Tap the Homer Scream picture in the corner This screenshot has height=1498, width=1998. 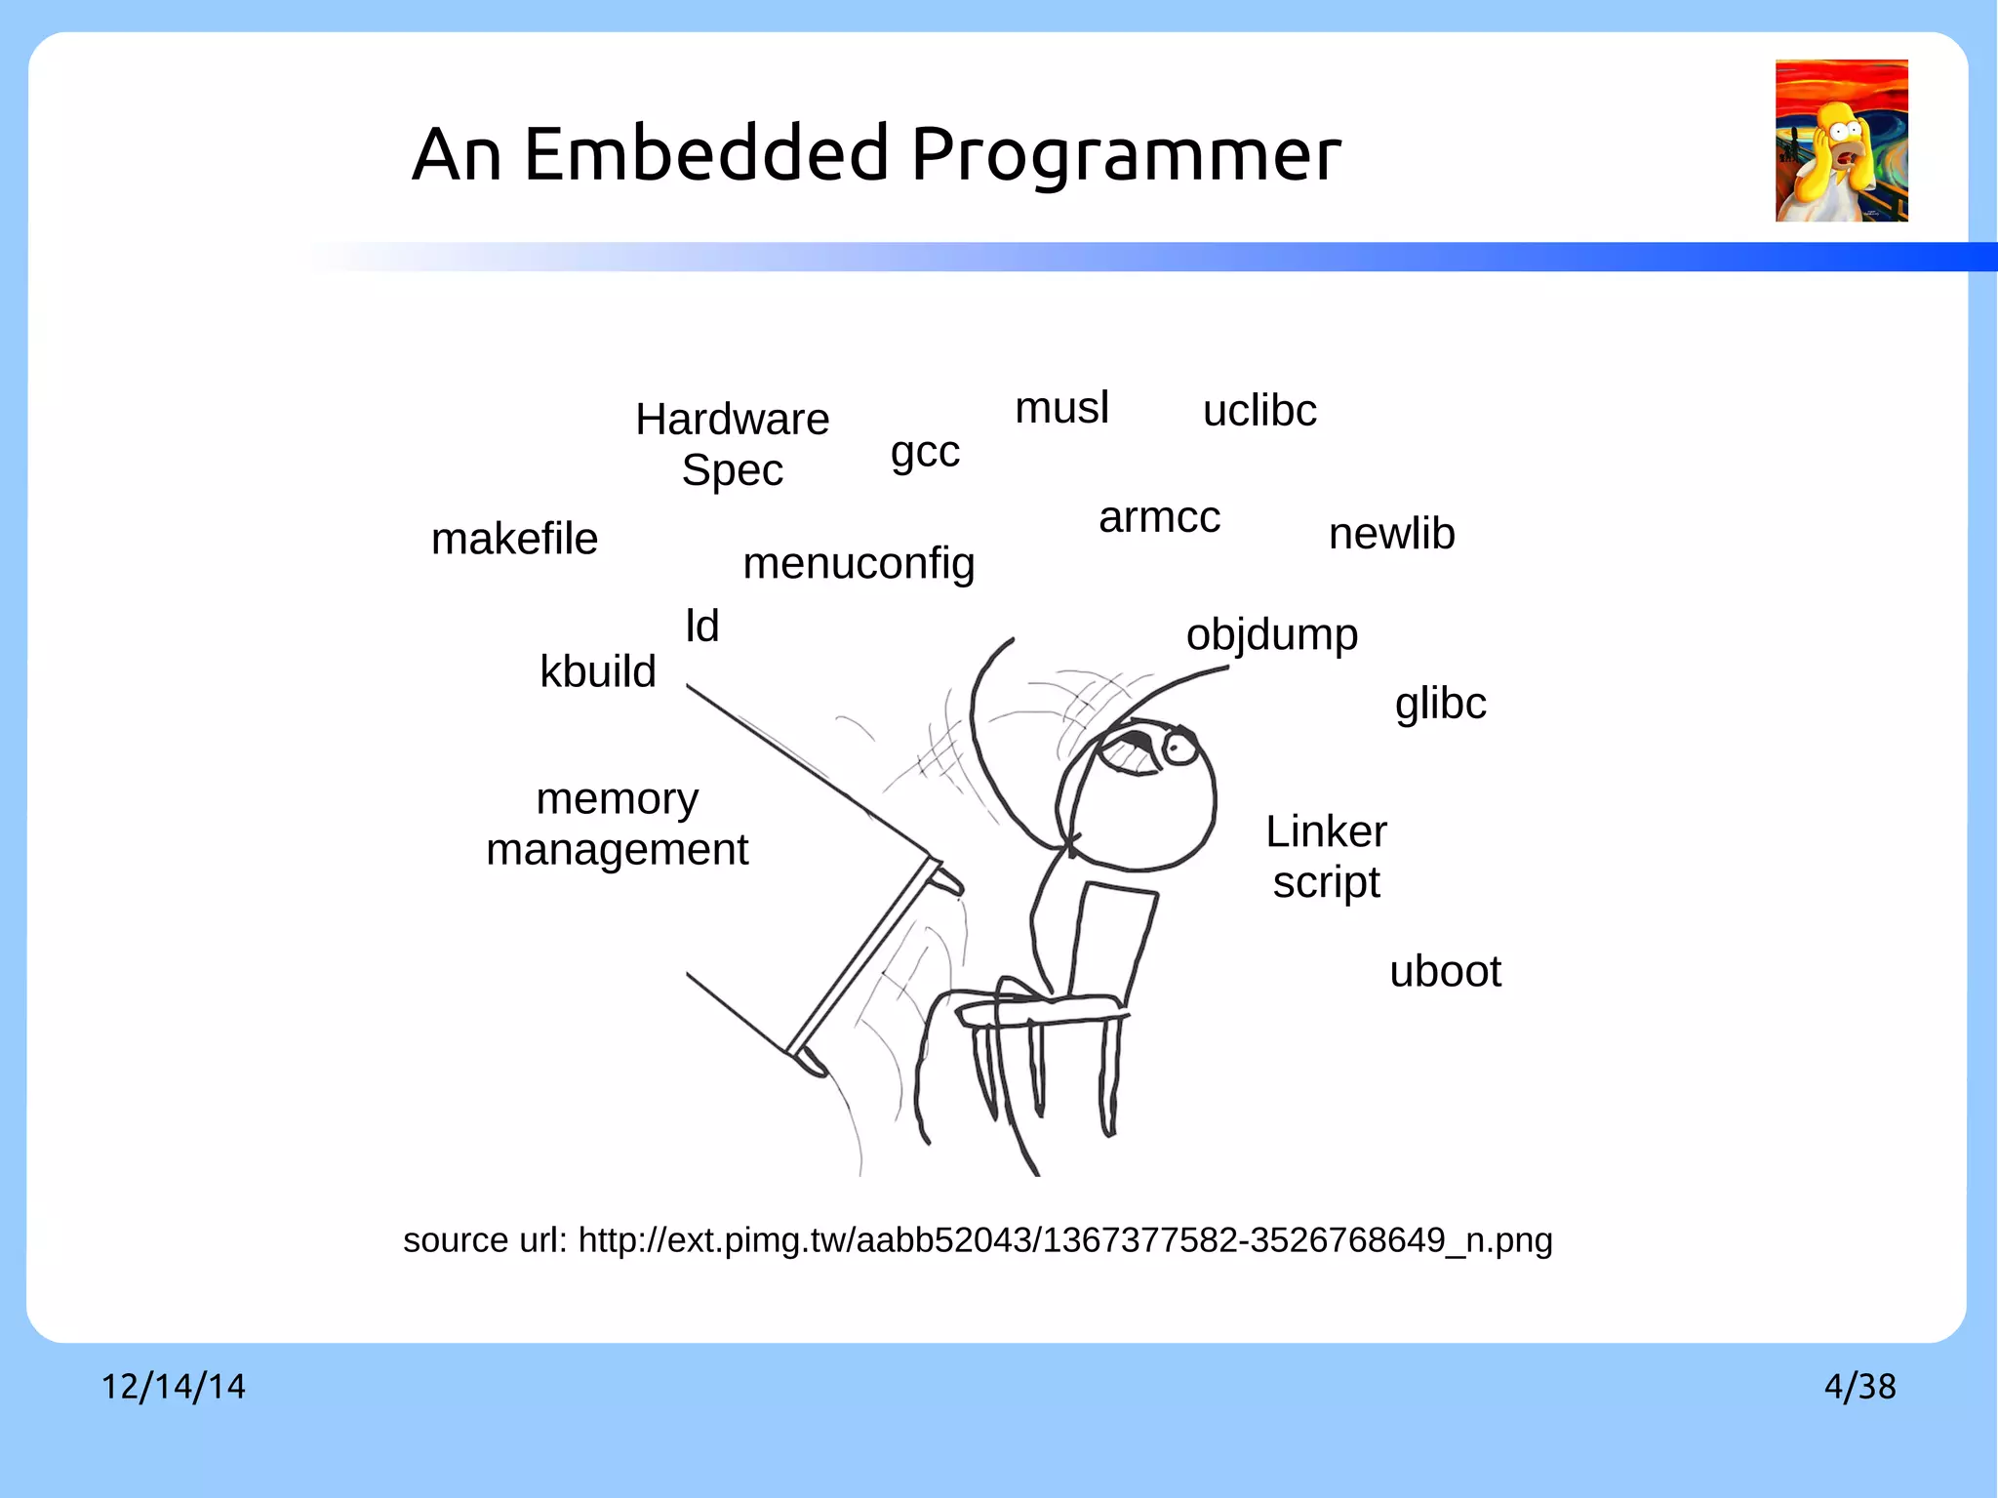point(1841,141)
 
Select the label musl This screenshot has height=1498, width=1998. point(1061,408)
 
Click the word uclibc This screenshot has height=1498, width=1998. point(1259,411)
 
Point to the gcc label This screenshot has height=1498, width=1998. point(925,453)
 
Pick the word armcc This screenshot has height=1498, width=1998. point(1159,517)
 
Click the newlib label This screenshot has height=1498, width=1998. point(1391,534)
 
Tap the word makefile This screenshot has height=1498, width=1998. point(514,539)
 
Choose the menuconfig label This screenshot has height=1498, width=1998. point(859,564)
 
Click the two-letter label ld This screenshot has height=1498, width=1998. point(701,626)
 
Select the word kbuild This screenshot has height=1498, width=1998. point(598,671)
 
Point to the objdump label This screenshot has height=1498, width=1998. point(1271,635)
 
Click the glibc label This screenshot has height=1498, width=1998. point(1440,704)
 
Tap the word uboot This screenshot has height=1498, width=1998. point(1445,972)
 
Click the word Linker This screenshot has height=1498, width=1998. point(1326,832)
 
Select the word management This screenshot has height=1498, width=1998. point(617,850)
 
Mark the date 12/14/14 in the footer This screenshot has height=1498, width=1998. point(174,1387)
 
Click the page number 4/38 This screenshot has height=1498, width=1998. point(1859,1387)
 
